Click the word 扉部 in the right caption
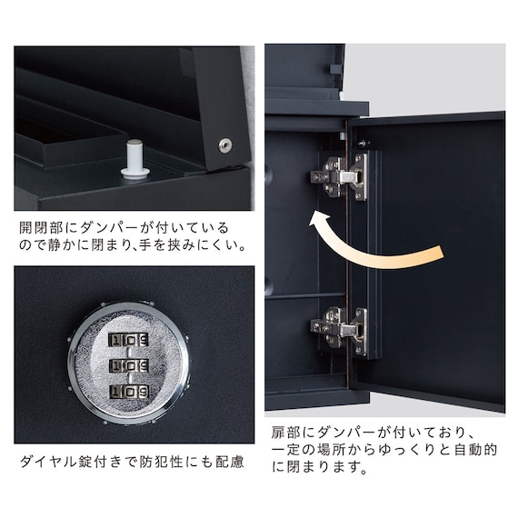[285, 434]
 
